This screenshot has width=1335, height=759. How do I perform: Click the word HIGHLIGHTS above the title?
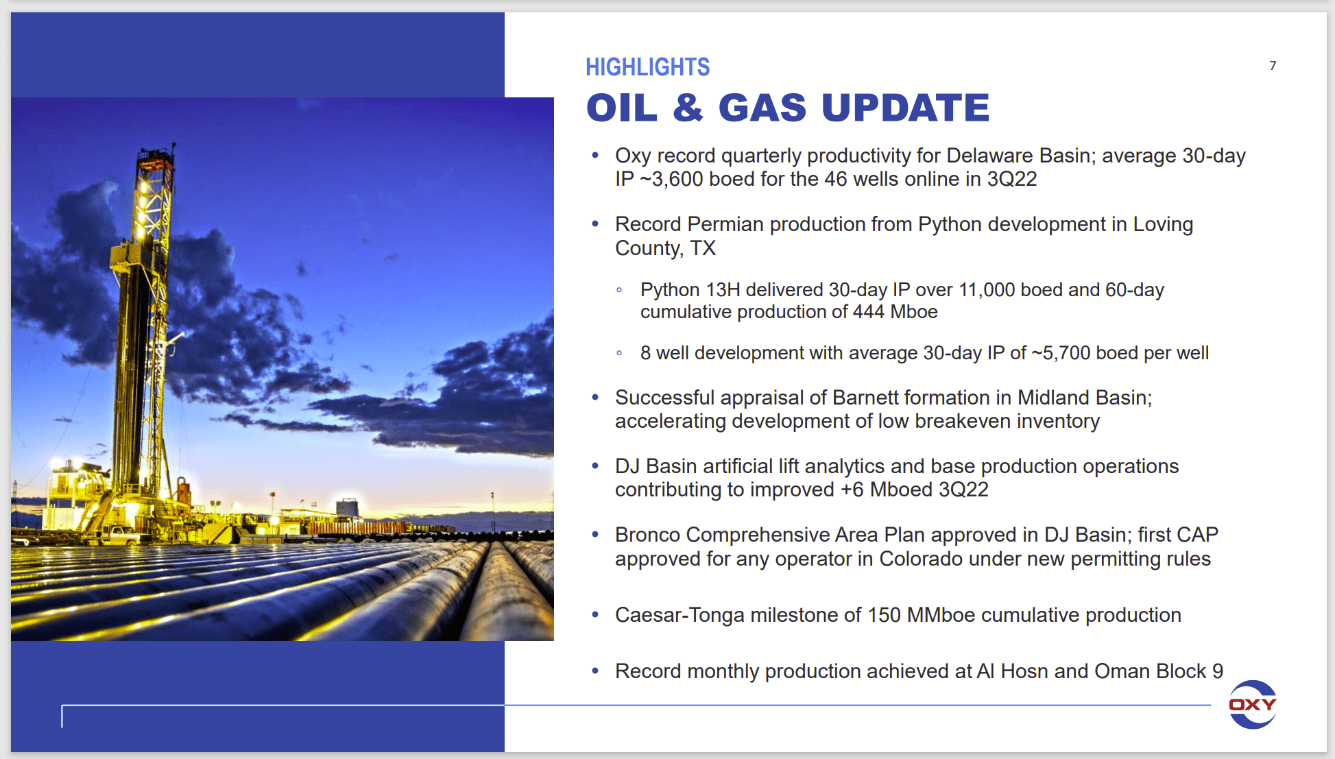pos(647,67)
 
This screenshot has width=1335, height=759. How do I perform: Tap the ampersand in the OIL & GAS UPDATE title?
pos(688,108)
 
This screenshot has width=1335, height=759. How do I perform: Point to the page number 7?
pos(1273,66)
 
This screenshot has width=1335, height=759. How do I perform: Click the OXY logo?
pos(1253,704)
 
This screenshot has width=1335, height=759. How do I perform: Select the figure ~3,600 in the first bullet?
pos(671,179)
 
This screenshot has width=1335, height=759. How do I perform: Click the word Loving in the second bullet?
pos(1163,224)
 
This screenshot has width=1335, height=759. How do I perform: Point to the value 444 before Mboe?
pos(869,312)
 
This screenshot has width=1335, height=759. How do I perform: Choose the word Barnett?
pos(866,398)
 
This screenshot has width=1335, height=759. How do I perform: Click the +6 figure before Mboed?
pos(852,490)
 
